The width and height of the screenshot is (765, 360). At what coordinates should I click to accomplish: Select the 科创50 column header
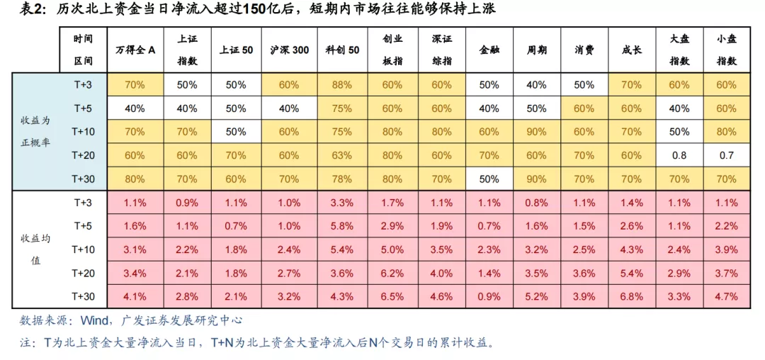[x=343, y=50]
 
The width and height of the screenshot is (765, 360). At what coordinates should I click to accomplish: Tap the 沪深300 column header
[x=289, y=50]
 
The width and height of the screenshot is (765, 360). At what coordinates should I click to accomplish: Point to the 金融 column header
[x=489, y=50]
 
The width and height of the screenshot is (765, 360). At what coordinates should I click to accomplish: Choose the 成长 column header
[x=631, y=50]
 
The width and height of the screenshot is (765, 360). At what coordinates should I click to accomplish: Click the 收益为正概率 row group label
[x=35, y=131]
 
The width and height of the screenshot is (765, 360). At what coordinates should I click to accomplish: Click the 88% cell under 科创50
[x=343, y=84]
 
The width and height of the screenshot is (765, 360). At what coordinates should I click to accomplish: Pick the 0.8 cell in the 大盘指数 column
[x=679, y=154]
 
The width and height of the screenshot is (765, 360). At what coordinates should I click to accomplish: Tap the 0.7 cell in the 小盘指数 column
[x=727, y=154]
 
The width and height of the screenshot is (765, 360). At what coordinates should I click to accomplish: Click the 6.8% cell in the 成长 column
[x=631, y=296]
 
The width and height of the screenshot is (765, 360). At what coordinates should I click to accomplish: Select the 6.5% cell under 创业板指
[x=392, y=296]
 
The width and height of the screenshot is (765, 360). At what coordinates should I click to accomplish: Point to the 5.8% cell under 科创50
[x=343, y=225]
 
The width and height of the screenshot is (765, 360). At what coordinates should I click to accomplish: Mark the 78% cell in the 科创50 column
[x=343, y=178]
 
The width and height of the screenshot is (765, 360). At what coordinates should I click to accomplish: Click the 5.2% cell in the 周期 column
[x=536, y=296]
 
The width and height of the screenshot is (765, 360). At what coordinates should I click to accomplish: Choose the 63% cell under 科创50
[x=343, y=154]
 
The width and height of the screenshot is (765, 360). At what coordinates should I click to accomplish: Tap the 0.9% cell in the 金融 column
[x=489, y=296]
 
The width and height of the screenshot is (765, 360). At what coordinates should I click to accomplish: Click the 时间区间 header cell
[x=83, y=50]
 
